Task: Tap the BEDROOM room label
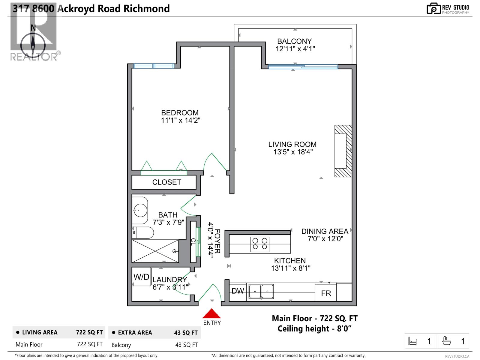[x=180, y=113]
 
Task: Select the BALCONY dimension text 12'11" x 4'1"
[x=295, y=49]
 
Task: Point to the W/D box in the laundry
[x=141, y=277]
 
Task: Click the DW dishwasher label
[x=238, y=291]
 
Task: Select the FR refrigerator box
[x=326, y=293]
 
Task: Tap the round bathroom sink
[x=140, y=210]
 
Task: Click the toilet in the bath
[x=143, y=232]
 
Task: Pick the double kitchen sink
[x=261, y=291]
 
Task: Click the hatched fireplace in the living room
[x=343, y=151]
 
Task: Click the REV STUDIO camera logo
[x=433, y=8]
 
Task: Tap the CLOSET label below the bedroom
[x=166, y=182]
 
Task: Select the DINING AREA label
[x=325, y=231]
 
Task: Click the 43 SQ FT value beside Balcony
[x=186, y=345]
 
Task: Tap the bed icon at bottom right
[x=413, y=341]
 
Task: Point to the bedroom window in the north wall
[x=153, y=66]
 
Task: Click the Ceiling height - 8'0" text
[x=314, y=329]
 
